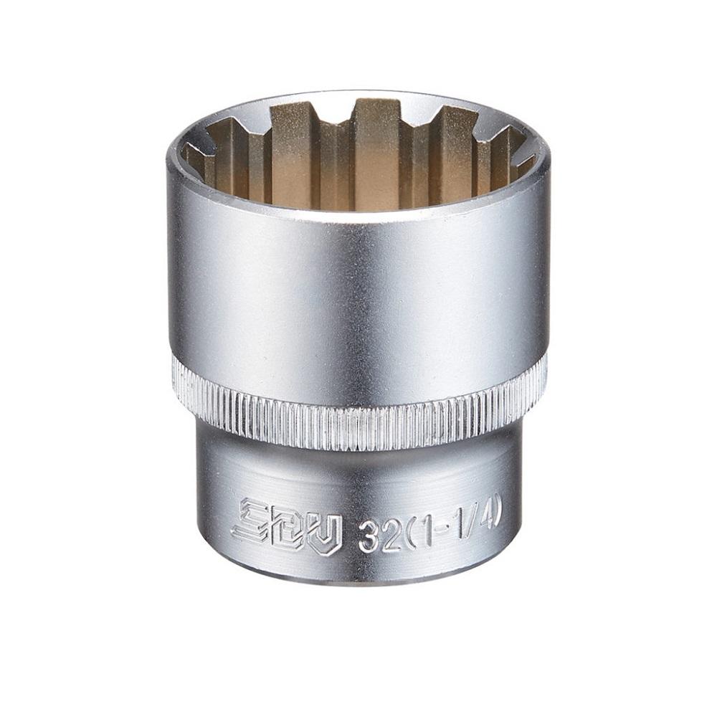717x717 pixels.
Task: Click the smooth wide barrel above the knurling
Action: (x=358, y=287)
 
